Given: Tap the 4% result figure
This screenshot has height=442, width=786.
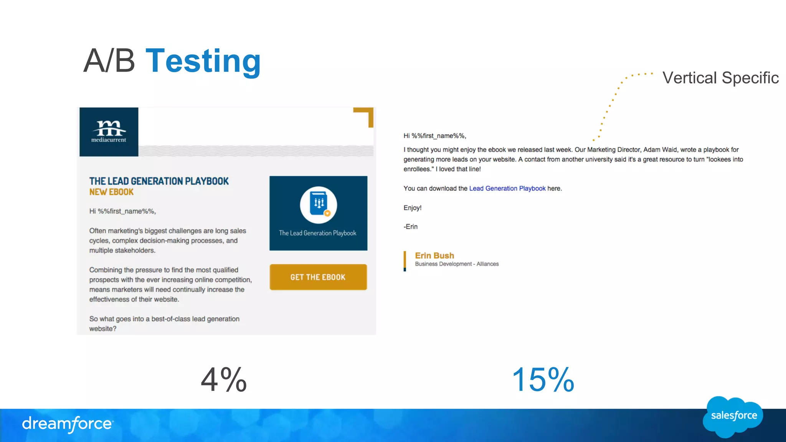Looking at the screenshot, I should pyautogui.click(x=224, y=380).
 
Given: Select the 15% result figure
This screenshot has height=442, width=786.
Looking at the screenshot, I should pyautogui.click(x=543, y=380).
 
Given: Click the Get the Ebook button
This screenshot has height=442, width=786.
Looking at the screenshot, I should pyautogui.click(x=318, y=277).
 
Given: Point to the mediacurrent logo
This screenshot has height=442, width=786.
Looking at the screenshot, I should pyautogui.click(x=109, y=132).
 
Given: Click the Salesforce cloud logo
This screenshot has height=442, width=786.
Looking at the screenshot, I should pyautogui.click(x=733, y=416).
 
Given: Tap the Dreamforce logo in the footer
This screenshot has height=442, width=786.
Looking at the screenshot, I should pyautogui.click(x=68, y=424).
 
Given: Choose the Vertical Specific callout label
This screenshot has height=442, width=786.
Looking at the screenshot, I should pyautogui.click(x=720, y=78).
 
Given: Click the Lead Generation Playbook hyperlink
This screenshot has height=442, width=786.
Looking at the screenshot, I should pyautogui.click(x=507, y=188).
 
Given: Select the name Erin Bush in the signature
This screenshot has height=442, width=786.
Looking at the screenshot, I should pyautogui.click(x=434, y=256).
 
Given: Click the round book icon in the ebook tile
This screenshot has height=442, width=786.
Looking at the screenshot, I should pyautogui.click(x=319, y=205).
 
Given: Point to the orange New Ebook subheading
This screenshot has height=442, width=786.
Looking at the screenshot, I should pyautogui.click(x=111, y=192).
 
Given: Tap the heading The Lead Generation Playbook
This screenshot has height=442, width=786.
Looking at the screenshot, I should pyautogui.click(x=159, y=181).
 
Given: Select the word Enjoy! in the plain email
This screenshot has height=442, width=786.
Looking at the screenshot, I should pyautogui.click(x=412, y=208).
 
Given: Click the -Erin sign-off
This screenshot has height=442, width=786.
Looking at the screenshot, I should pyautogui.click(x=411, y=227).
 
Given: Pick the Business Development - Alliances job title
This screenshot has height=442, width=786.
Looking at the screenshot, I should pyautogui.click(x=457, y=264).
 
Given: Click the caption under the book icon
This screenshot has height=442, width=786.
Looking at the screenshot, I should pyautogui.click(x=318, y=233).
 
